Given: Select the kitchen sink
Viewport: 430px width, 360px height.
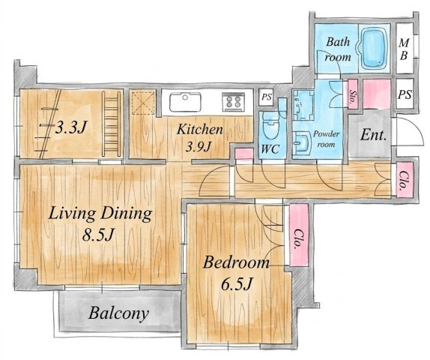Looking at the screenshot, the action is [185, 101].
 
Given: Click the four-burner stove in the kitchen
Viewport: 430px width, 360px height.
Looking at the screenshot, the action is [234, 101].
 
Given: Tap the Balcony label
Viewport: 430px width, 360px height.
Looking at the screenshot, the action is [119, 313].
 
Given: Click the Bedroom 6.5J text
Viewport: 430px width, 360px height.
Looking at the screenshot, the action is [236, 273].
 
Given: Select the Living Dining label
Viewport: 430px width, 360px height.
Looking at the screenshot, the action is [100, 214].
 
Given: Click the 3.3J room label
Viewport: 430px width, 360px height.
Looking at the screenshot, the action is [70, 127].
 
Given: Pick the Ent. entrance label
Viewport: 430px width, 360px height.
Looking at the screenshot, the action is [374, 135].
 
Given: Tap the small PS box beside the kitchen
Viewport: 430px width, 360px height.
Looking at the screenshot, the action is [266, 97].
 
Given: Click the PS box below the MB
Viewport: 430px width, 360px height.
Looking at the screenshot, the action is [405, 94].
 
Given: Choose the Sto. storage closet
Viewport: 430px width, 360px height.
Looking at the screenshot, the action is [353, 94].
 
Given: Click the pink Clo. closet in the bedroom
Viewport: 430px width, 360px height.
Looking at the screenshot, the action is [299, 235].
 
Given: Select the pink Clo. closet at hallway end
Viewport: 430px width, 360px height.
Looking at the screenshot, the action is [405, 179].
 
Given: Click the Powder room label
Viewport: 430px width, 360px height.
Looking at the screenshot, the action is [326, 139].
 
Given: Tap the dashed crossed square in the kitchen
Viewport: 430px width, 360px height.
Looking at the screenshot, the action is [143, 103].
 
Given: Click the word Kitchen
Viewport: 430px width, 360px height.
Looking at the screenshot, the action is [199, 129].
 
